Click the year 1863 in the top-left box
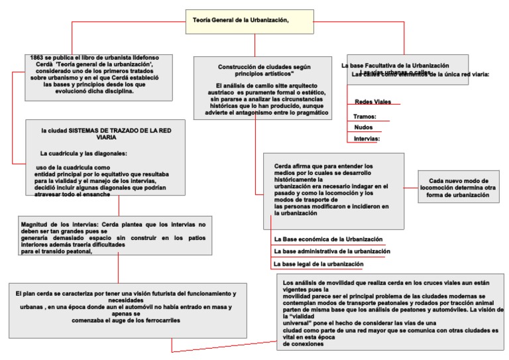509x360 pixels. coord(37,58)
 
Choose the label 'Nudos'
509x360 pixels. coord(363,127)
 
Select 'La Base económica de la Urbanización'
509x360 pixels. coord(328,239)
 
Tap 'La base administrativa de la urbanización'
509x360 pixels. coord(331,251)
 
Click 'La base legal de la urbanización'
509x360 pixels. coord(318,264)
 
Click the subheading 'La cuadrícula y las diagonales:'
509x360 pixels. coord(84,154)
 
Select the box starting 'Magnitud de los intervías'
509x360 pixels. coord(115,235)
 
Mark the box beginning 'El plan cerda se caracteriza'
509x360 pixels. coord(127,306)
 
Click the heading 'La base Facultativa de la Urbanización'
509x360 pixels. coord(395,66)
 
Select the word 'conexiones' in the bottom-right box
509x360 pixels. coord(304,343)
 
